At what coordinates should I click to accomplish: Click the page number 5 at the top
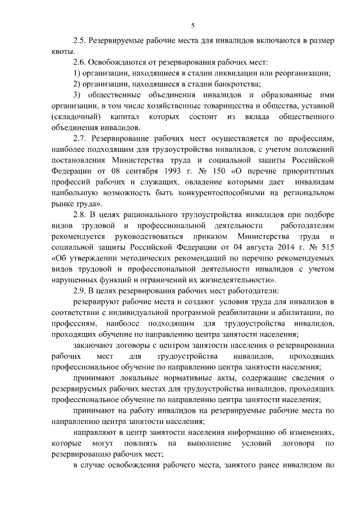192,25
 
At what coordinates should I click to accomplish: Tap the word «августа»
245,247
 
